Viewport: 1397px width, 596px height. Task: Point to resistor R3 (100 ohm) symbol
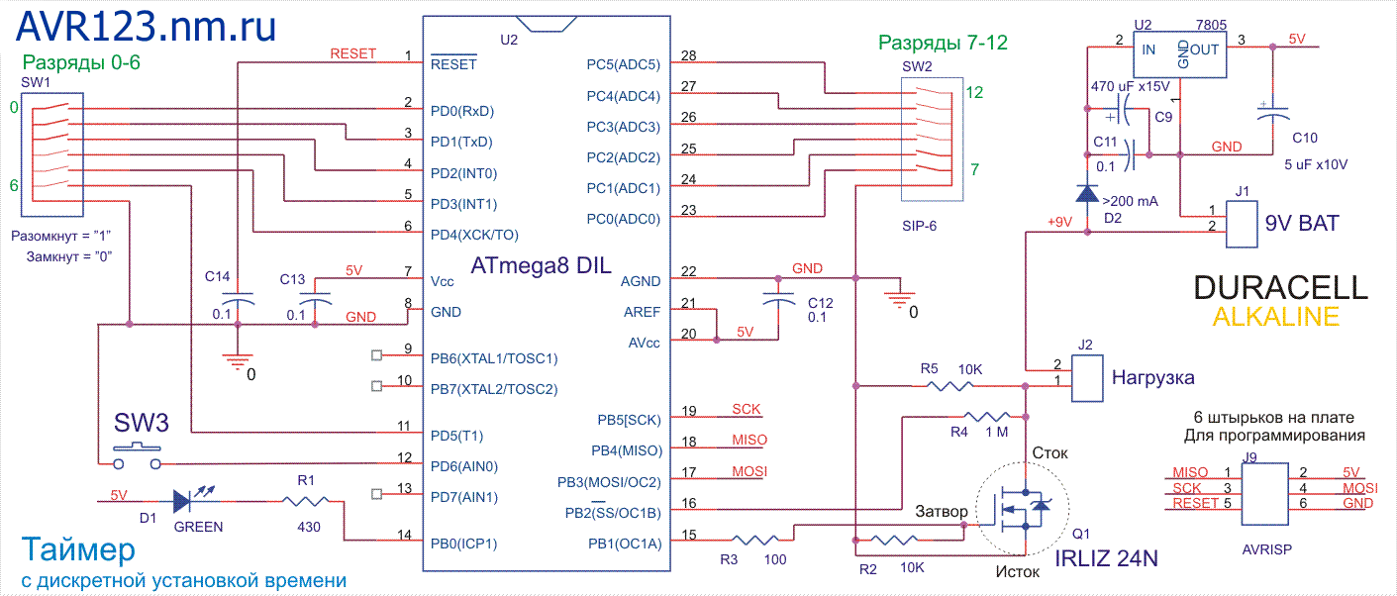coord(758,541)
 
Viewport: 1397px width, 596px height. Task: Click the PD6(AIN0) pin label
coord(463,465)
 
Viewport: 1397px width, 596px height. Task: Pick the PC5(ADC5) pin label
coord(623,65)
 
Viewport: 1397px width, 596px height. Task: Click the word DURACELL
coord(1280,288)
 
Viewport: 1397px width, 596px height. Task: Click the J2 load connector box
coord(1087,377)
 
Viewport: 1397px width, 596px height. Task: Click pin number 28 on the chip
coord(689,55)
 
